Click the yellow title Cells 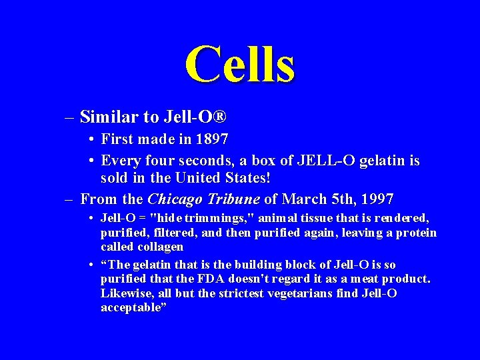[x=239, y=65]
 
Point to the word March [x=304, y=199]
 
